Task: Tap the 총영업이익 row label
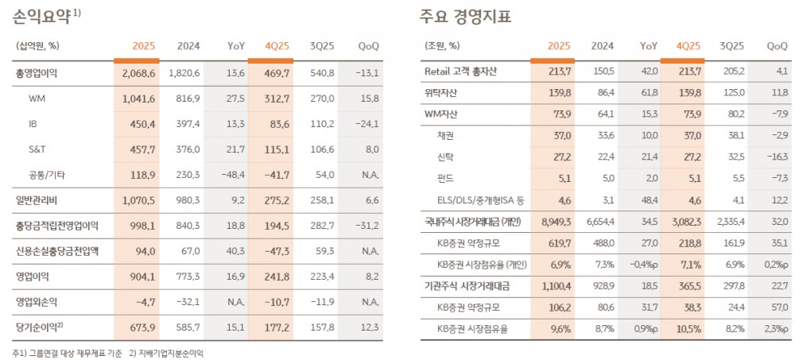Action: point(37,74)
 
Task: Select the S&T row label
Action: point(38,149)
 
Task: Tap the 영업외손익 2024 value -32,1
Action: point(188,302)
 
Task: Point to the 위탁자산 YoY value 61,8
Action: point(649,93)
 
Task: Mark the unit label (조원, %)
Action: point(442,45)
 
